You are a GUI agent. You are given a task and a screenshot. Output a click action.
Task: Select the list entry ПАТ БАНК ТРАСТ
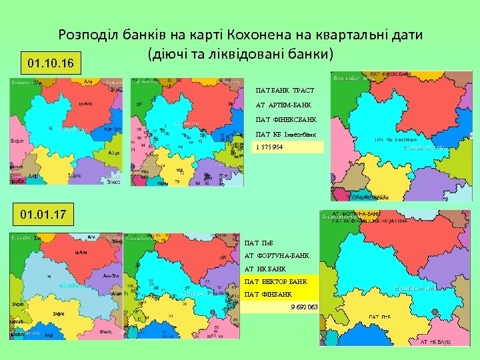285,90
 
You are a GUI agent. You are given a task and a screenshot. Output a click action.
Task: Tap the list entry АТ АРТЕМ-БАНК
283,105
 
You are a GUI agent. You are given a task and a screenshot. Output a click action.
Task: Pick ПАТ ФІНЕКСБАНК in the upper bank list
286,120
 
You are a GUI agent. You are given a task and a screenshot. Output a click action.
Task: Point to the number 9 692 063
304,307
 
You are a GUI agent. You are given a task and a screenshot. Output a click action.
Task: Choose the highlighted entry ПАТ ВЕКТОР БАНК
276,281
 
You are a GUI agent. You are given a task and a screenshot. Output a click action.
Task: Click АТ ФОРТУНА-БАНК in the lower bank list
277,255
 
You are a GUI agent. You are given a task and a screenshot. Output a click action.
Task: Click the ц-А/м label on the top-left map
85,103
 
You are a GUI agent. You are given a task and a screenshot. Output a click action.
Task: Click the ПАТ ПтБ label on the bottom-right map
380,317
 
